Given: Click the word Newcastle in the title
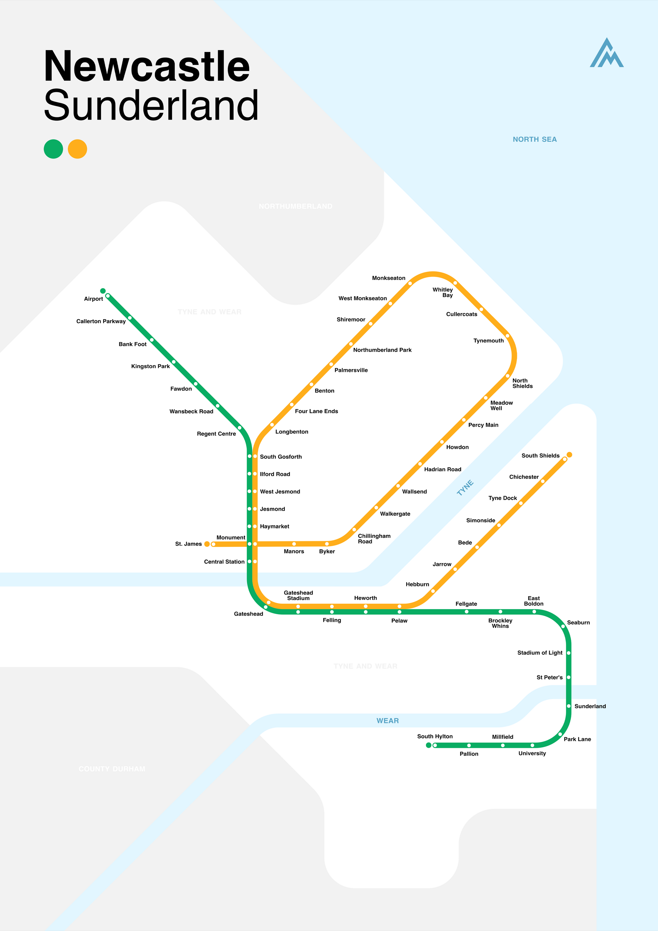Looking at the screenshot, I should click(147, 66).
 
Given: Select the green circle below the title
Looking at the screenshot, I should click(54, 149).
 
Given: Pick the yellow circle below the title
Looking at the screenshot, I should click(77, 149).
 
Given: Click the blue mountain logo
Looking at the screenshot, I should click(607, 53).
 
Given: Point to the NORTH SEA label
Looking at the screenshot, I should click(534, 139).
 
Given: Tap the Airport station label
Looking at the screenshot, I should click(93, 299).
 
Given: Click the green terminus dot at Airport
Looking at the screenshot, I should click(103, 291).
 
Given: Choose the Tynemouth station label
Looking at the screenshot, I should click(488, 341).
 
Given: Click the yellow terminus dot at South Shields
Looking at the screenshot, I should click(569, 454).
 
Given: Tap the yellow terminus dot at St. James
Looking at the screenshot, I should click(207, 544).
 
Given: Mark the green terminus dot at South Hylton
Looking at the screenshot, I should click(429, 745).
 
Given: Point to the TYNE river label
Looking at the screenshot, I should click(465, 488).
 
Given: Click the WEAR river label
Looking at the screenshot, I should click(388, 721).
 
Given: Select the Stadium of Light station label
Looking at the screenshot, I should click(540, 653).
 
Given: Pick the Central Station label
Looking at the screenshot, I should click(224, 562).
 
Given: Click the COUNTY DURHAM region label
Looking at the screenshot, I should click(112, 769).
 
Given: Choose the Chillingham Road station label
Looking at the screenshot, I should click(374, 538).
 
